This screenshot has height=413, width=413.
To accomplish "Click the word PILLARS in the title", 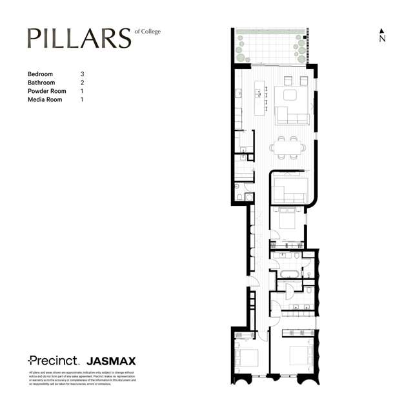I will pyautogui.click(x=79, y=39).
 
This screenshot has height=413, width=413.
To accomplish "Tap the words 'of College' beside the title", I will pyautogui.click(x=147, y=32).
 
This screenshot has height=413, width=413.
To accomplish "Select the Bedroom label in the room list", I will pyautogui.click(x=40, y=74).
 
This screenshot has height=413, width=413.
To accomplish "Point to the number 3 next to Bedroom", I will pyautogui.click(x=82, y=74).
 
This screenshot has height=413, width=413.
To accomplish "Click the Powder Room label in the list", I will pyautogui.click(x=47, y=91).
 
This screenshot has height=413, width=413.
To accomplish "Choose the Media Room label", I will pyautogui.click(x=45, y=100).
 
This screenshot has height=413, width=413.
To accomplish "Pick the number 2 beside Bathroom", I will pyautogui.click(x=82, y=83).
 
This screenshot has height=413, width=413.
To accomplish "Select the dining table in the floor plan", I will pyautogui.click(x=286, y=148).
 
